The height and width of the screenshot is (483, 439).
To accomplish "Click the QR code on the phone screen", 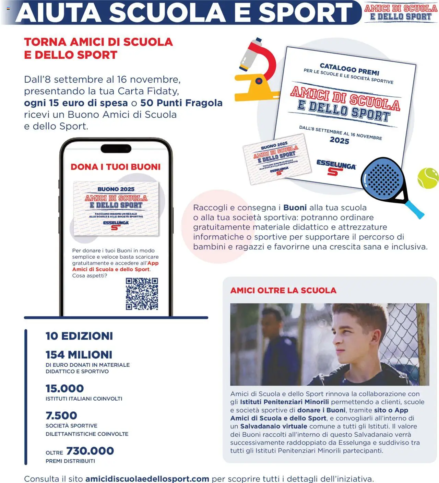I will point(142,294).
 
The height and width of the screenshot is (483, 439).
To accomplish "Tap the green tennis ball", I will point(428,178).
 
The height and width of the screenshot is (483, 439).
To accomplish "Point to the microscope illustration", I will point(257,70).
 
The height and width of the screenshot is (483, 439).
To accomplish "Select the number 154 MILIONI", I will point(79,355).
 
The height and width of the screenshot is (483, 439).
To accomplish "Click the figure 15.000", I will point(65,388).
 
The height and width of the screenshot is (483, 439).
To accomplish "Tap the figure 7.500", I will point(61,415).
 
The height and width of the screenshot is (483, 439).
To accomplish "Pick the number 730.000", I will point(90,451).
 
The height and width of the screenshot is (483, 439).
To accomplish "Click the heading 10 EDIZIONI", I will point(79,336).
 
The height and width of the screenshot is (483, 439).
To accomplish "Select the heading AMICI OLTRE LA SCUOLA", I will point(283,291).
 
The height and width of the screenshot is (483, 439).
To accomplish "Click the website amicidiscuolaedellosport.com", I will point(147,479).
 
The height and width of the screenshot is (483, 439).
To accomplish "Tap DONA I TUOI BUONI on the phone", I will point(116,167).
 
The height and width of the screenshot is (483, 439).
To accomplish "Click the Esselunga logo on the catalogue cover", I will point(335,167).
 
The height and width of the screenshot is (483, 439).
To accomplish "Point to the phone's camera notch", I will point(116,149).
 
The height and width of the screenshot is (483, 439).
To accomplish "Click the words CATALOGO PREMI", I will point(349,69).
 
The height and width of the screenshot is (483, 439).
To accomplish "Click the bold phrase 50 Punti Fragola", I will point(181,103).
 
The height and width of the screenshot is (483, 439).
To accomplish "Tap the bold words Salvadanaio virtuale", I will point(274,426).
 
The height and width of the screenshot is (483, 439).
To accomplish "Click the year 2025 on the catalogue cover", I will point(339,140).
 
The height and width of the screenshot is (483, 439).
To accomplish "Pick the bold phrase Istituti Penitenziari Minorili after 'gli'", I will point(284,402).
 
